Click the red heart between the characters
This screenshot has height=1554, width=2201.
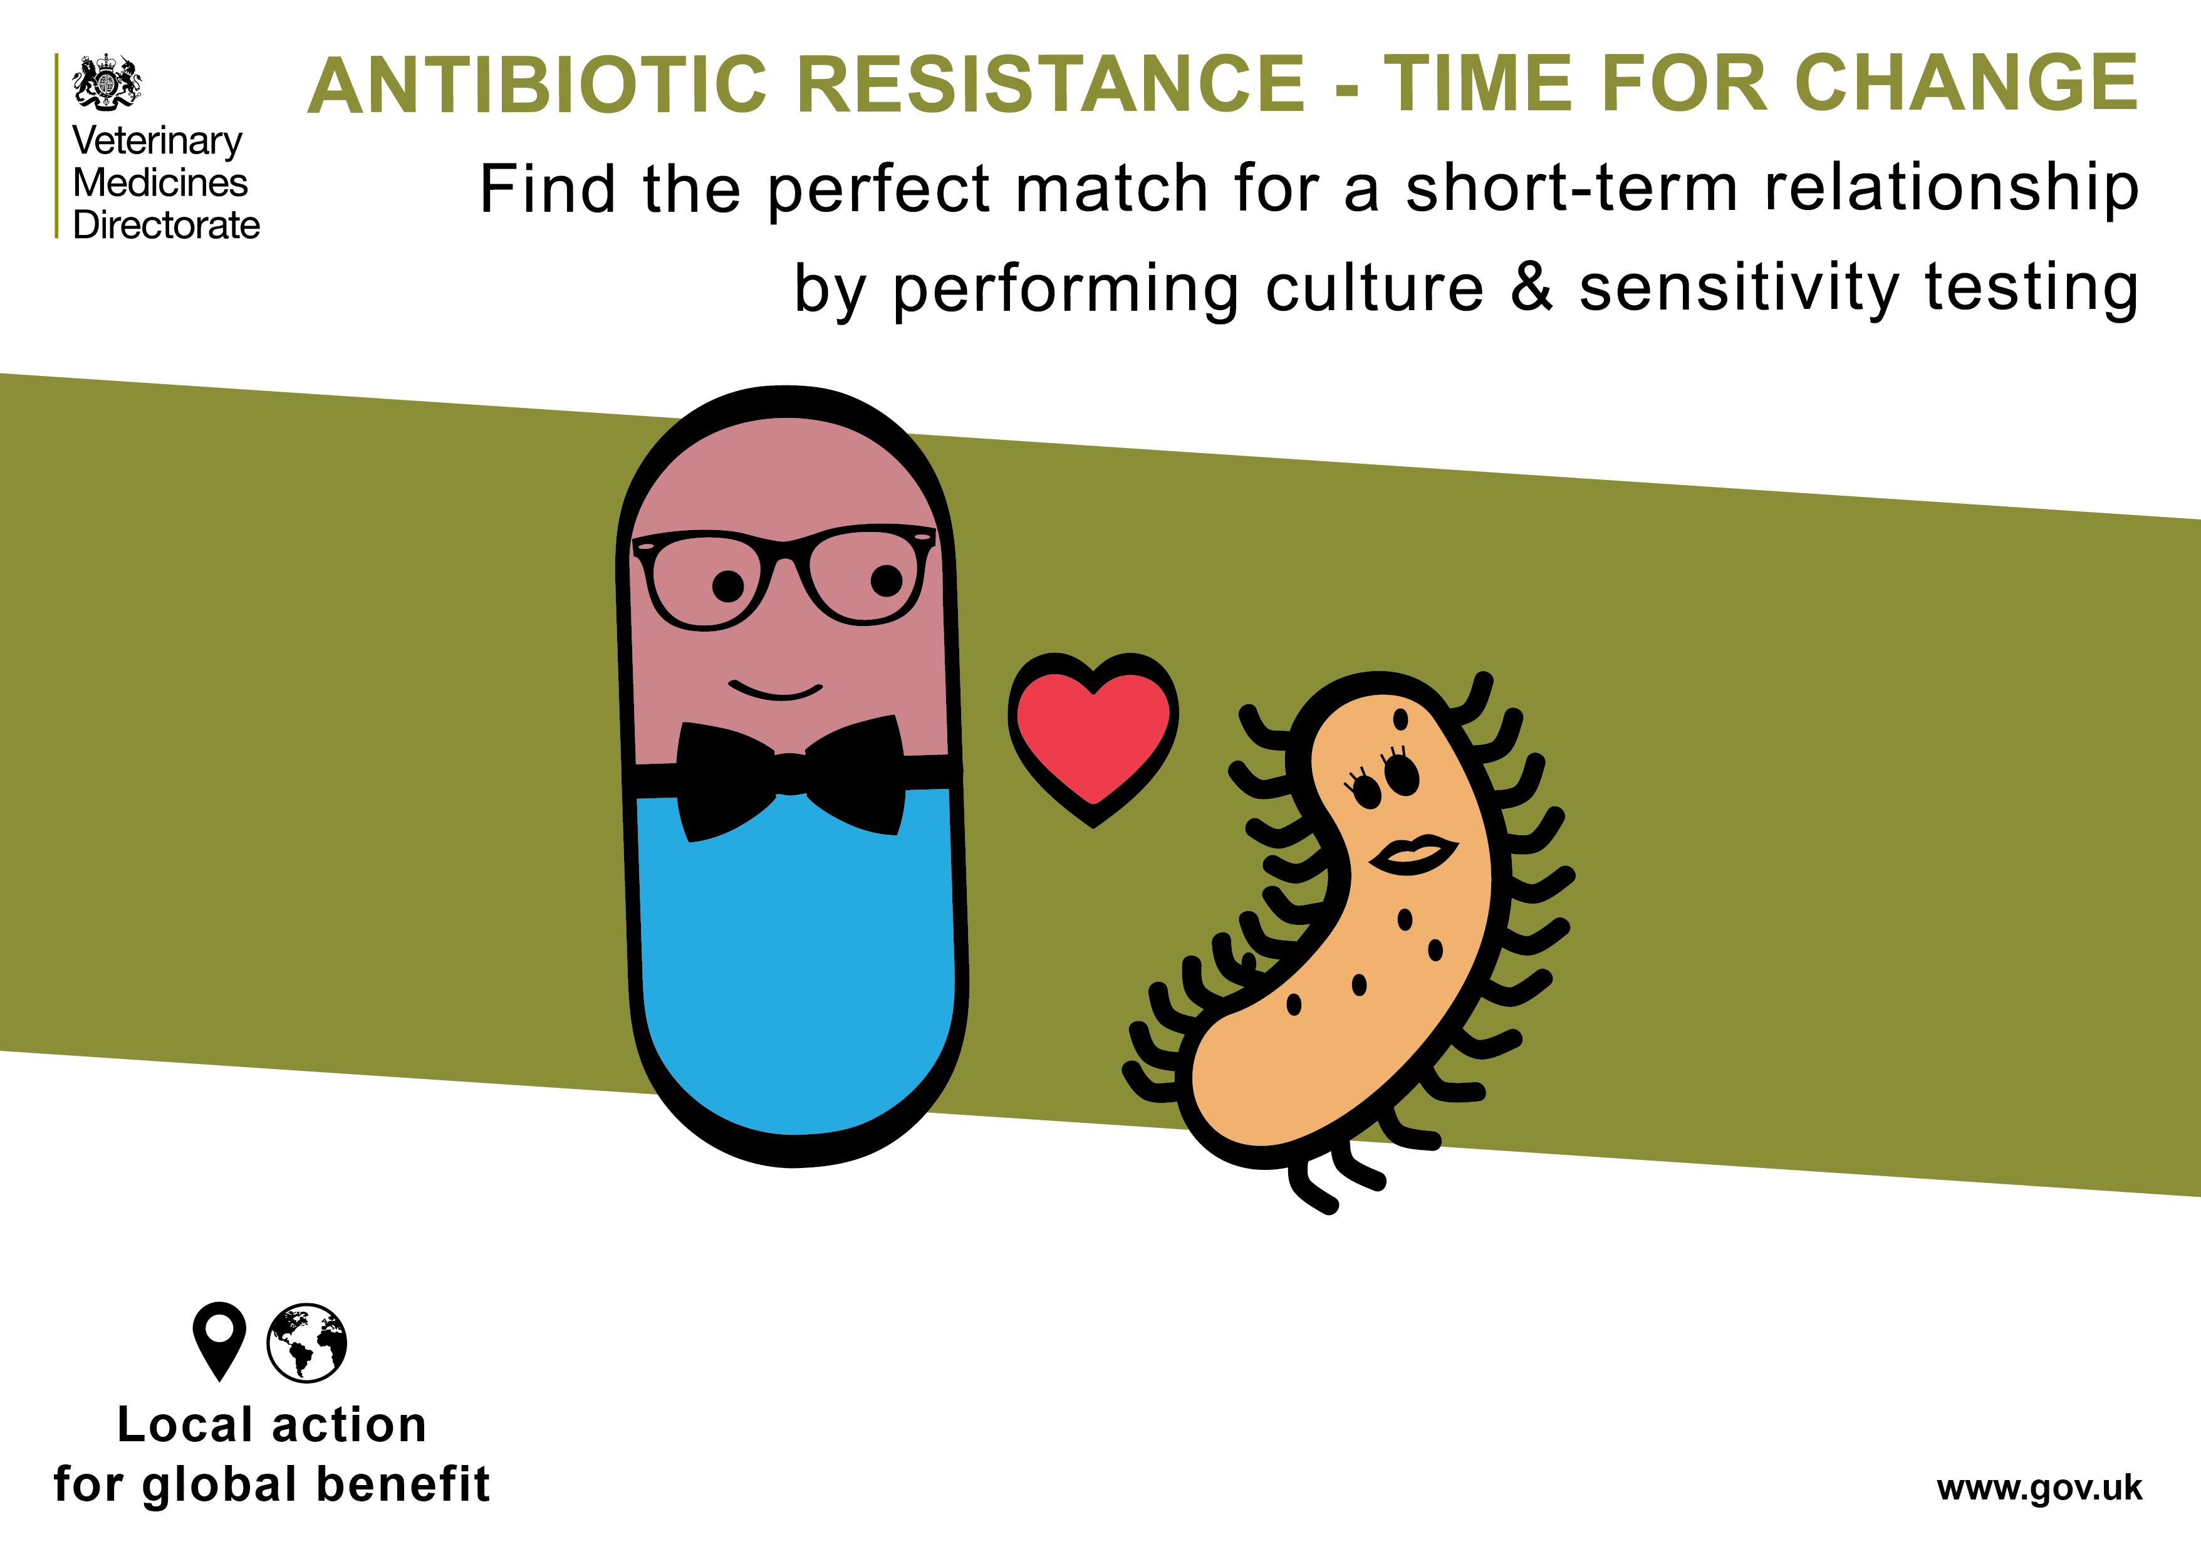click(1093, 733)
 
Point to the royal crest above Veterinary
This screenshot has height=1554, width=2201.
click(107, 83)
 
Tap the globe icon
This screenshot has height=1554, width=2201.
click(307, 1342)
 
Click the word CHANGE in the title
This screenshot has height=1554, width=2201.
click(1965, 85)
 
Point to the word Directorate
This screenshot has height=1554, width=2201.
click(167, 226)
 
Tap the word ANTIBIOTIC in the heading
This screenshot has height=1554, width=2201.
click(538, 85)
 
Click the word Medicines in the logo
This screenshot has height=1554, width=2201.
click(160, 182)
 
